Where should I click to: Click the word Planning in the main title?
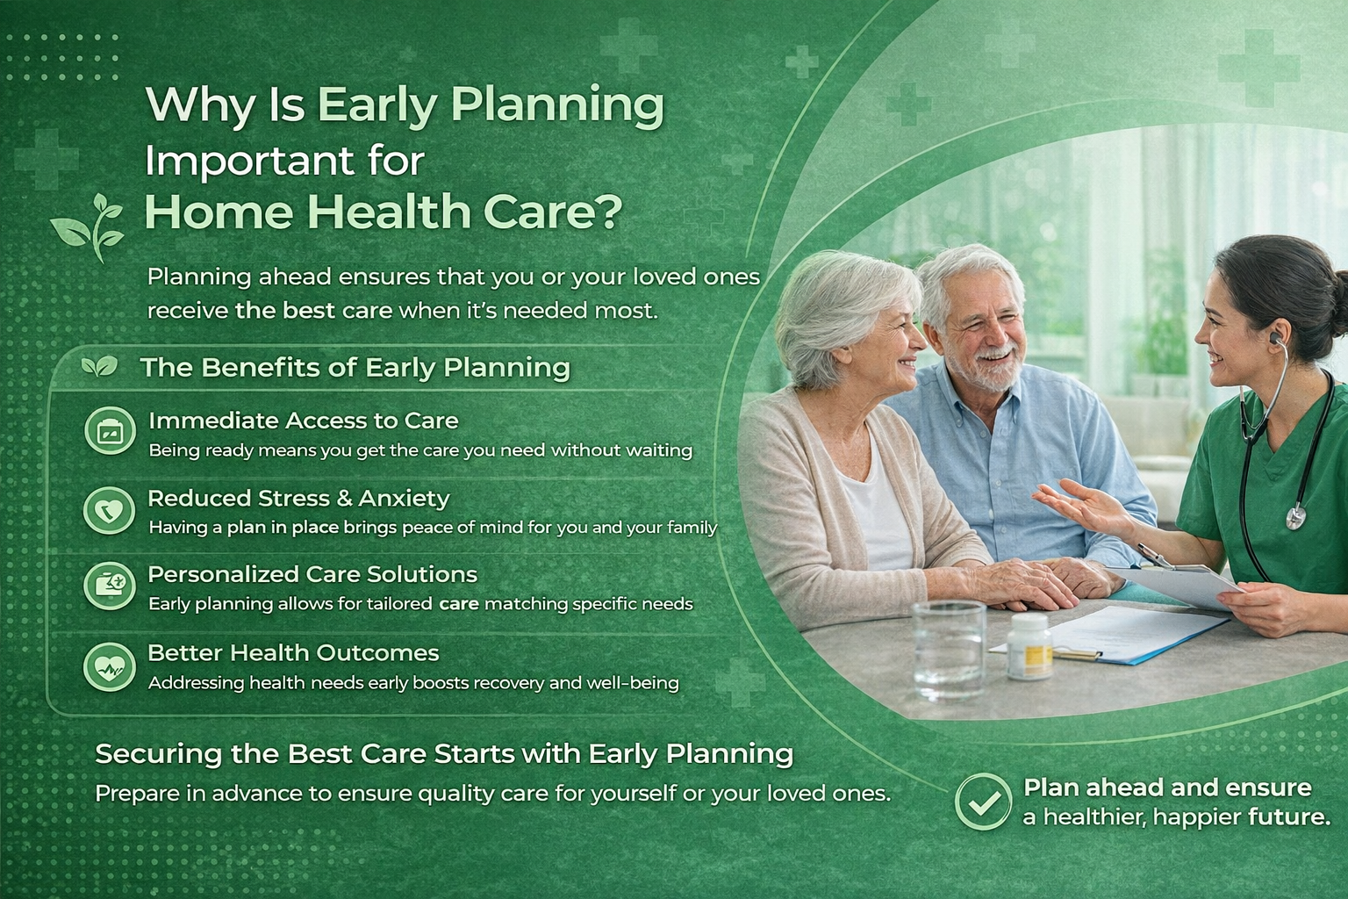557,106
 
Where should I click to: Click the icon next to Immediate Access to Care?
110,430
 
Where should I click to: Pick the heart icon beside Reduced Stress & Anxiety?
110,509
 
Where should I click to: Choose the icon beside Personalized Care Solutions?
110,586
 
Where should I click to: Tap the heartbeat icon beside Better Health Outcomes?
110,666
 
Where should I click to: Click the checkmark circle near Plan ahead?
983,802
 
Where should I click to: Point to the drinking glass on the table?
949,651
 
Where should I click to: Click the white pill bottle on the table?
1029,646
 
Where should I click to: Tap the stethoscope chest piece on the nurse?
1295,517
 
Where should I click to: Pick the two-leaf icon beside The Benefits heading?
99,365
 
